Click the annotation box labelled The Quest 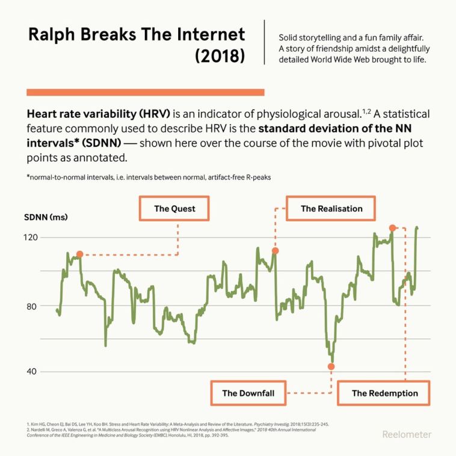point(174,209)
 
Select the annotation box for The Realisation point(331,208)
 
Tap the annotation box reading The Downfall point(248,393)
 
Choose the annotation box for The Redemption point(384,393)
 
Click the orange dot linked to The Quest point(79,254)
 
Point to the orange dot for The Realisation point(275,251)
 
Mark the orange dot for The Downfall point(331,366)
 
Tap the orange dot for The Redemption point(392,228)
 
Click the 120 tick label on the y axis point(31,238)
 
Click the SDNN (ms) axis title point(46,217)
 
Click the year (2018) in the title point(220,55)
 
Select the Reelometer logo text point(406,434)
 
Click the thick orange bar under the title point(146,92)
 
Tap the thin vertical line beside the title point(265,42)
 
